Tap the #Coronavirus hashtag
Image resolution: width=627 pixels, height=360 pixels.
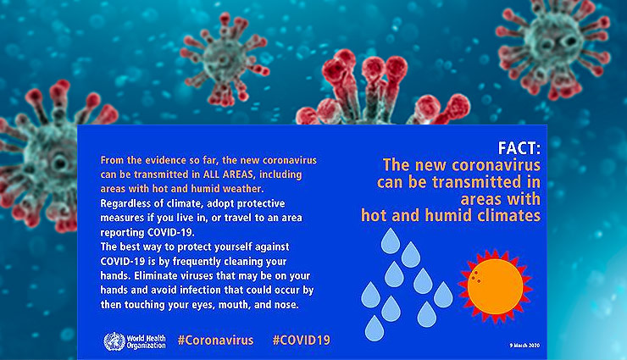point(215,341)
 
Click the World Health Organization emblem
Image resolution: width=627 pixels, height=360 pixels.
point(113,341)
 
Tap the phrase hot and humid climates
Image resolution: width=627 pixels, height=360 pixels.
point(450,215)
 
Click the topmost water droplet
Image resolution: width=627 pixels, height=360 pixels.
point(390,241)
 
